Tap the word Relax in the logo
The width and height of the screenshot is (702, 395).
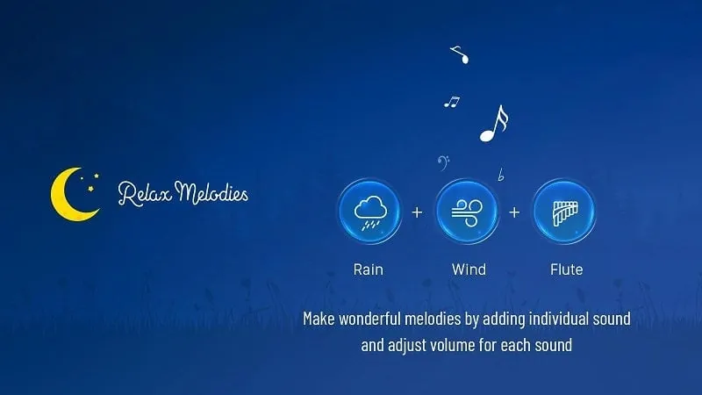145,193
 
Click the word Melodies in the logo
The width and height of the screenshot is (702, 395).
211,192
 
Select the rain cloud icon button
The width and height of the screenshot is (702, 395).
369,212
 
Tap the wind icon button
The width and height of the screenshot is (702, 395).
467,212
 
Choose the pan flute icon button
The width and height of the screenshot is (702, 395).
564,212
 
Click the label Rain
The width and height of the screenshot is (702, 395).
368,269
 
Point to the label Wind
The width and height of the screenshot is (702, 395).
469,269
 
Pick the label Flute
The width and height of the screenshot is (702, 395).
566,269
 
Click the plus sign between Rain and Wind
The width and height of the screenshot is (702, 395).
417,212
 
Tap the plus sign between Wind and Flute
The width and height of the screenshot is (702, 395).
514,212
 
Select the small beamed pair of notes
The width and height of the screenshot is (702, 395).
452,102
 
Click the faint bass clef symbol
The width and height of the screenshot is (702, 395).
442,163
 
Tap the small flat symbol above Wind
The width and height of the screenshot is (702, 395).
501,176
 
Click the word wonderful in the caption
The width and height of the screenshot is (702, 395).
369,319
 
